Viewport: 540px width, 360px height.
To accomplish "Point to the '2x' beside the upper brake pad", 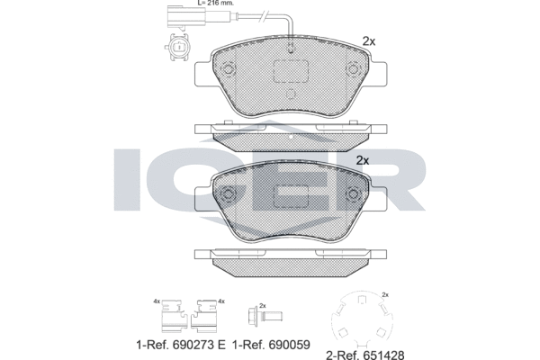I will [x=367, y=40].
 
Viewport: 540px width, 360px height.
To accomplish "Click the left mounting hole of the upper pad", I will [x=228, y=72].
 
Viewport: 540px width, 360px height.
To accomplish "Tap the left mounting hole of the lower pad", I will [x=228, y=193].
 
